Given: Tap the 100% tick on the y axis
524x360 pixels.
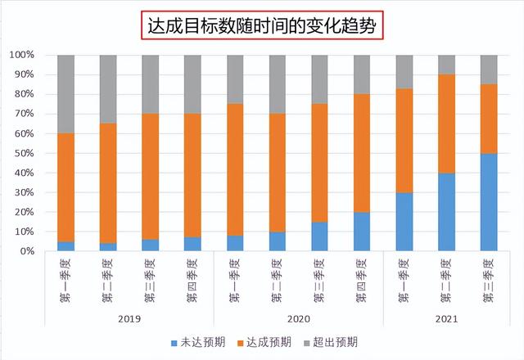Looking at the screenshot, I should tap(21, 55).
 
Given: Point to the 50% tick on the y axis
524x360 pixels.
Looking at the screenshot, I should tap(23, 153).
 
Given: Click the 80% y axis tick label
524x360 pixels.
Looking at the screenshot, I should tap(23, 94).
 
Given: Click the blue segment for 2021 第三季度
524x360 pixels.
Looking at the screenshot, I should tap(489, 202).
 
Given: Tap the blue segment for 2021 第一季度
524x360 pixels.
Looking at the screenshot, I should tap(404, 222).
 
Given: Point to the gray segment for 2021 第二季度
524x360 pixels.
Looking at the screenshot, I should tap(447, 65).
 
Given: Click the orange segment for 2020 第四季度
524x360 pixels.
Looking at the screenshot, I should tap(362, 153).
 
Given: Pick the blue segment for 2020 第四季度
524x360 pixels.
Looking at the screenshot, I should tap(362, 232).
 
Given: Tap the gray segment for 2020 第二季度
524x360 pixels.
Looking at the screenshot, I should tap(278, 84).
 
